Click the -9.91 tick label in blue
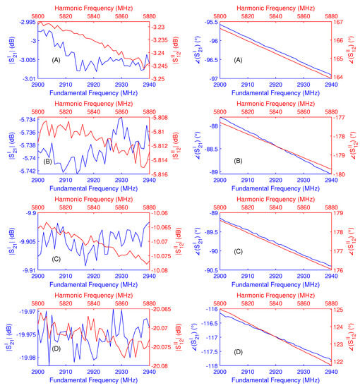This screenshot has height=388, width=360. point(27,270)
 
